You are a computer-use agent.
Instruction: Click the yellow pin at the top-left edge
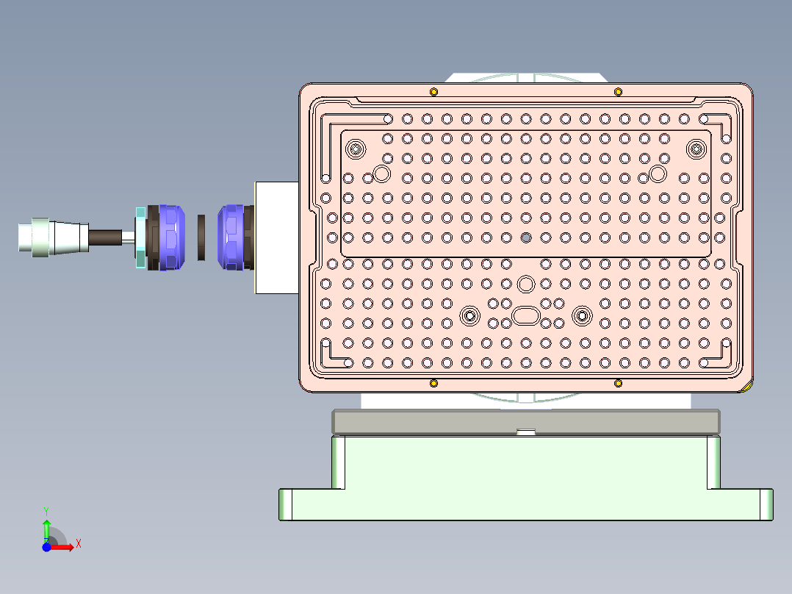(x=433, y=91)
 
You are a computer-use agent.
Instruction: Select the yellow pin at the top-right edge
(x=618, y=91)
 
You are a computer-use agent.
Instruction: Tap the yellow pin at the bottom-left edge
(x=433, y=383)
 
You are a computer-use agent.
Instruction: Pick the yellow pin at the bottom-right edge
(x=618, y=383)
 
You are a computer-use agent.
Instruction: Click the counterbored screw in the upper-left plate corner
(x=356, y=149)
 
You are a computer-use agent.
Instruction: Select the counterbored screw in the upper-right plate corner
(x=695, y=149)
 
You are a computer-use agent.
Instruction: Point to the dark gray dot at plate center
(x=525, y=237)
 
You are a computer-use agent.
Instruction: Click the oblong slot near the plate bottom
(x=525, y=315)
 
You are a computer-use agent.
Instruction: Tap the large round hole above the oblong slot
(x=525, y=284)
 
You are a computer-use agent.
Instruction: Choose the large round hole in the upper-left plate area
(x=381, y=173)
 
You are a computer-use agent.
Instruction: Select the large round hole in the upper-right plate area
(x=658, y=173)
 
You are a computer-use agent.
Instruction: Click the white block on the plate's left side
(x=276, y=237)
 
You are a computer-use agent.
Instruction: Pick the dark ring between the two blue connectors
(x=202, y=237)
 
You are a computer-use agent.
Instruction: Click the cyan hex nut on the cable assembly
(x=140, y=238)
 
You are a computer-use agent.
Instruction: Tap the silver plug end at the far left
(x=34, y=237)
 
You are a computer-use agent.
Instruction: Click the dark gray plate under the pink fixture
(x=525, y=421)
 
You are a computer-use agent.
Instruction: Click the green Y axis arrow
(x=46, y=527)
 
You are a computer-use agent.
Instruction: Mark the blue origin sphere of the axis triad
(x=46, y=547)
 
